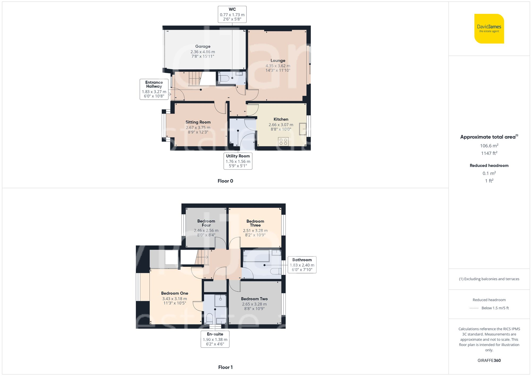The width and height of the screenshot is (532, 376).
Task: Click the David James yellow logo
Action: tap(489, 29)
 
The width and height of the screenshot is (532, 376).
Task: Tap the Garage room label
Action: tap(203, 47)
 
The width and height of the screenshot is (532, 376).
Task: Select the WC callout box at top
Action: tap(232, 14)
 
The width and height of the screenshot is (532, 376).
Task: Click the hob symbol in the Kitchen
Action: tap(283, 141)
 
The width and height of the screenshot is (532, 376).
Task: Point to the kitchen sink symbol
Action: tap(303, 129)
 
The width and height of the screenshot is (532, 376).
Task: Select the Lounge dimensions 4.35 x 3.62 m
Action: tap(278, 66)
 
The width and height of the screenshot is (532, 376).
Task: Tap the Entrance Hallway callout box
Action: tap(154, 89)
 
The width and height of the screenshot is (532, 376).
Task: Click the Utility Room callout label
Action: tap(238, 161)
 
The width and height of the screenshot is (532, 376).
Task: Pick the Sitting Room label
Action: tap(198, 122)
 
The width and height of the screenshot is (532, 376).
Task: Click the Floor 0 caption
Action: tap(225, 181)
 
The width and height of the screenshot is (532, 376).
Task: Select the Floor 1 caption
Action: tap(225, 367)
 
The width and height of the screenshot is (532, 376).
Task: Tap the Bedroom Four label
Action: tap(206, 223)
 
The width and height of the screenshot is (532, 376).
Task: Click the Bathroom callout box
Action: tap(302, 265)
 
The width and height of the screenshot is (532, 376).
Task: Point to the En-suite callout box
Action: tap(215, 339)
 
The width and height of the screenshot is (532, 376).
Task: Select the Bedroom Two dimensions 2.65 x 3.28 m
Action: tap(254, 304)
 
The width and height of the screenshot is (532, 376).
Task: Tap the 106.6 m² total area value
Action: tap(489, 146)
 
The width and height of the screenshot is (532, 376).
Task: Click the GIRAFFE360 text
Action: tap(489, 361)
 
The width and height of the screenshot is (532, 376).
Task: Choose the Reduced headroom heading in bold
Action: tap(489, 166)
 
